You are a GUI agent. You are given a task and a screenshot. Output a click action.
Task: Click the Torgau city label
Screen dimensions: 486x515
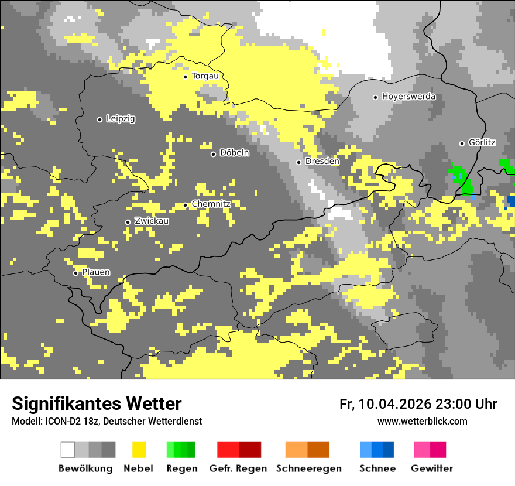tap(205, 76)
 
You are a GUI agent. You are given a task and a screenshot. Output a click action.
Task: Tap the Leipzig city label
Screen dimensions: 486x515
tap(121, 119)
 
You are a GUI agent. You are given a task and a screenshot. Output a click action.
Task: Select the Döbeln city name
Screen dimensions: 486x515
tap(234, 153)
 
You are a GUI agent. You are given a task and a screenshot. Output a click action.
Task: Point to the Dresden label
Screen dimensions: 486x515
tap(322, 161)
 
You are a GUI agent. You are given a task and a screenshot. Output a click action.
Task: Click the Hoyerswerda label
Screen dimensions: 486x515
tap(408, 97)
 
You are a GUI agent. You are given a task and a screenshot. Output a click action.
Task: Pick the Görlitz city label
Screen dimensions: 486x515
tap(482, 142)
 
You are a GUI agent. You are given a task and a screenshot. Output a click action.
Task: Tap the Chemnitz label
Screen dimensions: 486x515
tap(211, 204)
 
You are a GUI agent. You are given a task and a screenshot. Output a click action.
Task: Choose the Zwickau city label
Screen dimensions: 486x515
tap(152, 221)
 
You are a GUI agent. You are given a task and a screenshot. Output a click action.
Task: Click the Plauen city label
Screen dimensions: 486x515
tap(96, 272)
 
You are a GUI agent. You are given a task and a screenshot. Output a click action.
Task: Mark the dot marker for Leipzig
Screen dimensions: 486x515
tap(99, 119)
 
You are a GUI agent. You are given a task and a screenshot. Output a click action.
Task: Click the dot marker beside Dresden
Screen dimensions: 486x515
tap(298, 162)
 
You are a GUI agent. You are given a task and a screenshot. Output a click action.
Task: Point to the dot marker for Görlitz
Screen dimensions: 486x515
tap(462, 143)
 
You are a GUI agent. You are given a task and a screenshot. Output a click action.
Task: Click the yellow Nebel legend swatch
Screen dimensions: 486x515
tap(139, 450)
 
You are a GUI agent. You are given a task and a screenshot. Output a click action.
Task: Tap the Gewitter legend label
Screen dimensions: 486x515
tap(431, 468)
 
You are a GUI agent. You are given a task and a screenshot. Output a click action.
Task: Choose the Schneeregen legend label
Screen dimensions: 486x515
tap(308, 468)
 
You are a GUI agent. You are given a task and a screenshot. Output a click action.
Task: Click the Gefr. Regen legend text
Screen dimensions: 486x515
tap(238, 468)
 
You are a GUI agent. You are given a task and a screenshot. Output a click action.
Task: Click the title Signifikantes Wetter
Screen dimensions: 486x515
tap(97, 403)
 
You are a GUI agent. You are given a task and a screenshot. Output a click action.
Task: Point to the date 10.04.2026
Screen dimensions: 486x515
tap(394, 404)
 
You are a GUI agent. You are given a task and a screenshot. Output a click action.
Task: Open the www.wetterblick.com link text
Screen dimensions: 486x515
tap(422, 421)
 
